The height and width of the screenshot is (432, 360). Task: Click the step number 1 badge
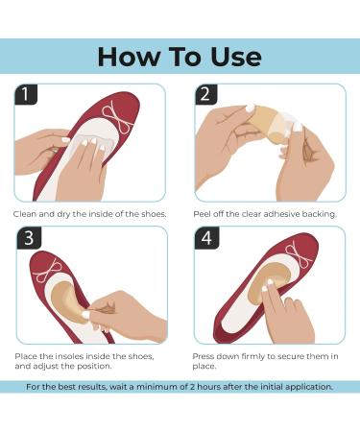point(26,94)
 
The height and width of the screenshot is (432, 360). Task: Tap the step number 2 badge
point(206,94)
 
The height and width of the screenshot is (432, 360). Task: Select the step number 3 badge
point(29,237)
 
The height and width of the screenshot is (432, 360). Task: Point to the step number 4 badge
point(206,237)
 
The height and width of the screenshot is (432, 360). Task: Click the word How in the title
point(130,57)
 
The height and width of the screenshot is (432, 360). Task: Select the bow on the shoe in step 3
point(48,271)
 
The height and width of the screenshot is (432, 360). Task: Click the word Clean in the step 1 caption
point(25,214)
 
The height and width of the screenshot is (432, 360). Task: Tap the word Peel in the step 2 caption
point(202,214)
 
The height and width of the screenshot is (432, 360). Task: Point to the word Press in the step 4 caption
point(204,356)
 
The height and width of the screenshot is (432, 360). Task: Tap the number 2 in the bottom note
point(192,387)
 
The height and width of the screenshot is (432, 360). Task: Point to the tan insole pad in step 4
point(269,280)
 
